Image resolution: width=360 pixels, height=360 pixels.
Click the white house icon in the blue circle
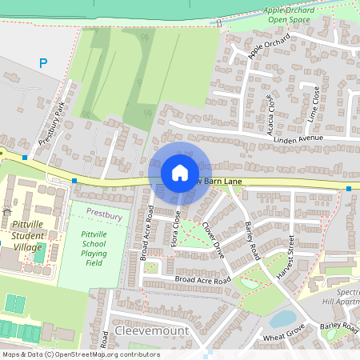coord(179,173)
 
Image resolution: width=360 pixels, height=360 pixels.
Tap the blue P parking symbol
coord(43,63)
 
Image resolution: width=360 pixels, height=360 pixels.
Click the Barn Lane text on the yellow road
coord(222,182)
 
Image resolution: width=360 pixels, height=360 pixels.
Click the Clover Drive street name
coord(213,239)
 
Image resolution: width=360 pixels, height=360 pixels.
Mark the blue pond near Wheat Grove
coord(282,319)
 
